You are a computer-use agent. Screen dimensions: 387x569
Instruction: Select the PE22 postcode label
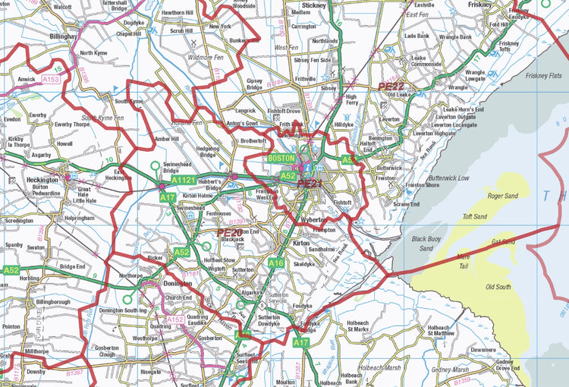tap(391, 87)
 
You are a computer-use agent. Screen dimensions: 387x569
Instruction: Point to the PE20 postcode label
tap(229, 232)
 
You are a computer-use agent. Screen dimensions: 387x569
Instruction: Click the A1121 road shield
tap(184, 181)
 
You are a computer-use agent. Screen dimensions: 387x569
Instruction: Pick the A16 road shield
tap(275, 263)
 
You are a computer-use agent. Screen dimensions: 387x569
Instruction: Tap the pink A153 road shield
tap(52, 79)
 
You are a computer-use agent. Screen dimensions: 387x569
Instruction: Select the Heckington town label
tap(42, 180)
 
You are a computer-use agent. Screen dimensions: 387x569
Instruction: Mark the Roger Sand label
tap(502, 196)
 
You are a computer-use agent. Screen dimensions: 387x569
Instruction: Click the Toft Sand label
tap(475, 216)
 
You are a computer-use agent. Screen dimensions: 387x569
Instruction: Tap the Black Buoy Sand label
tap(426, 243)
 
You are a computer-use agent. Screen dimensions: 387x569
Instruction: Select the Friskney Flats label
tap(543, 76)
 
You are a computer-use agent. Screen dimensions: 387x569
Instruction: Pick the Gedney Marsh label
tap(451, 370)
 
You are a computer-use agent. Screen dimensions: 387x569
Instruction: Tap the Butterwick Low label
tap(448, 178)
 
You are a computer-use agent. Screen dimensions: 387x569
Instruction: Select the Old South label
tap(498, 287)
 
